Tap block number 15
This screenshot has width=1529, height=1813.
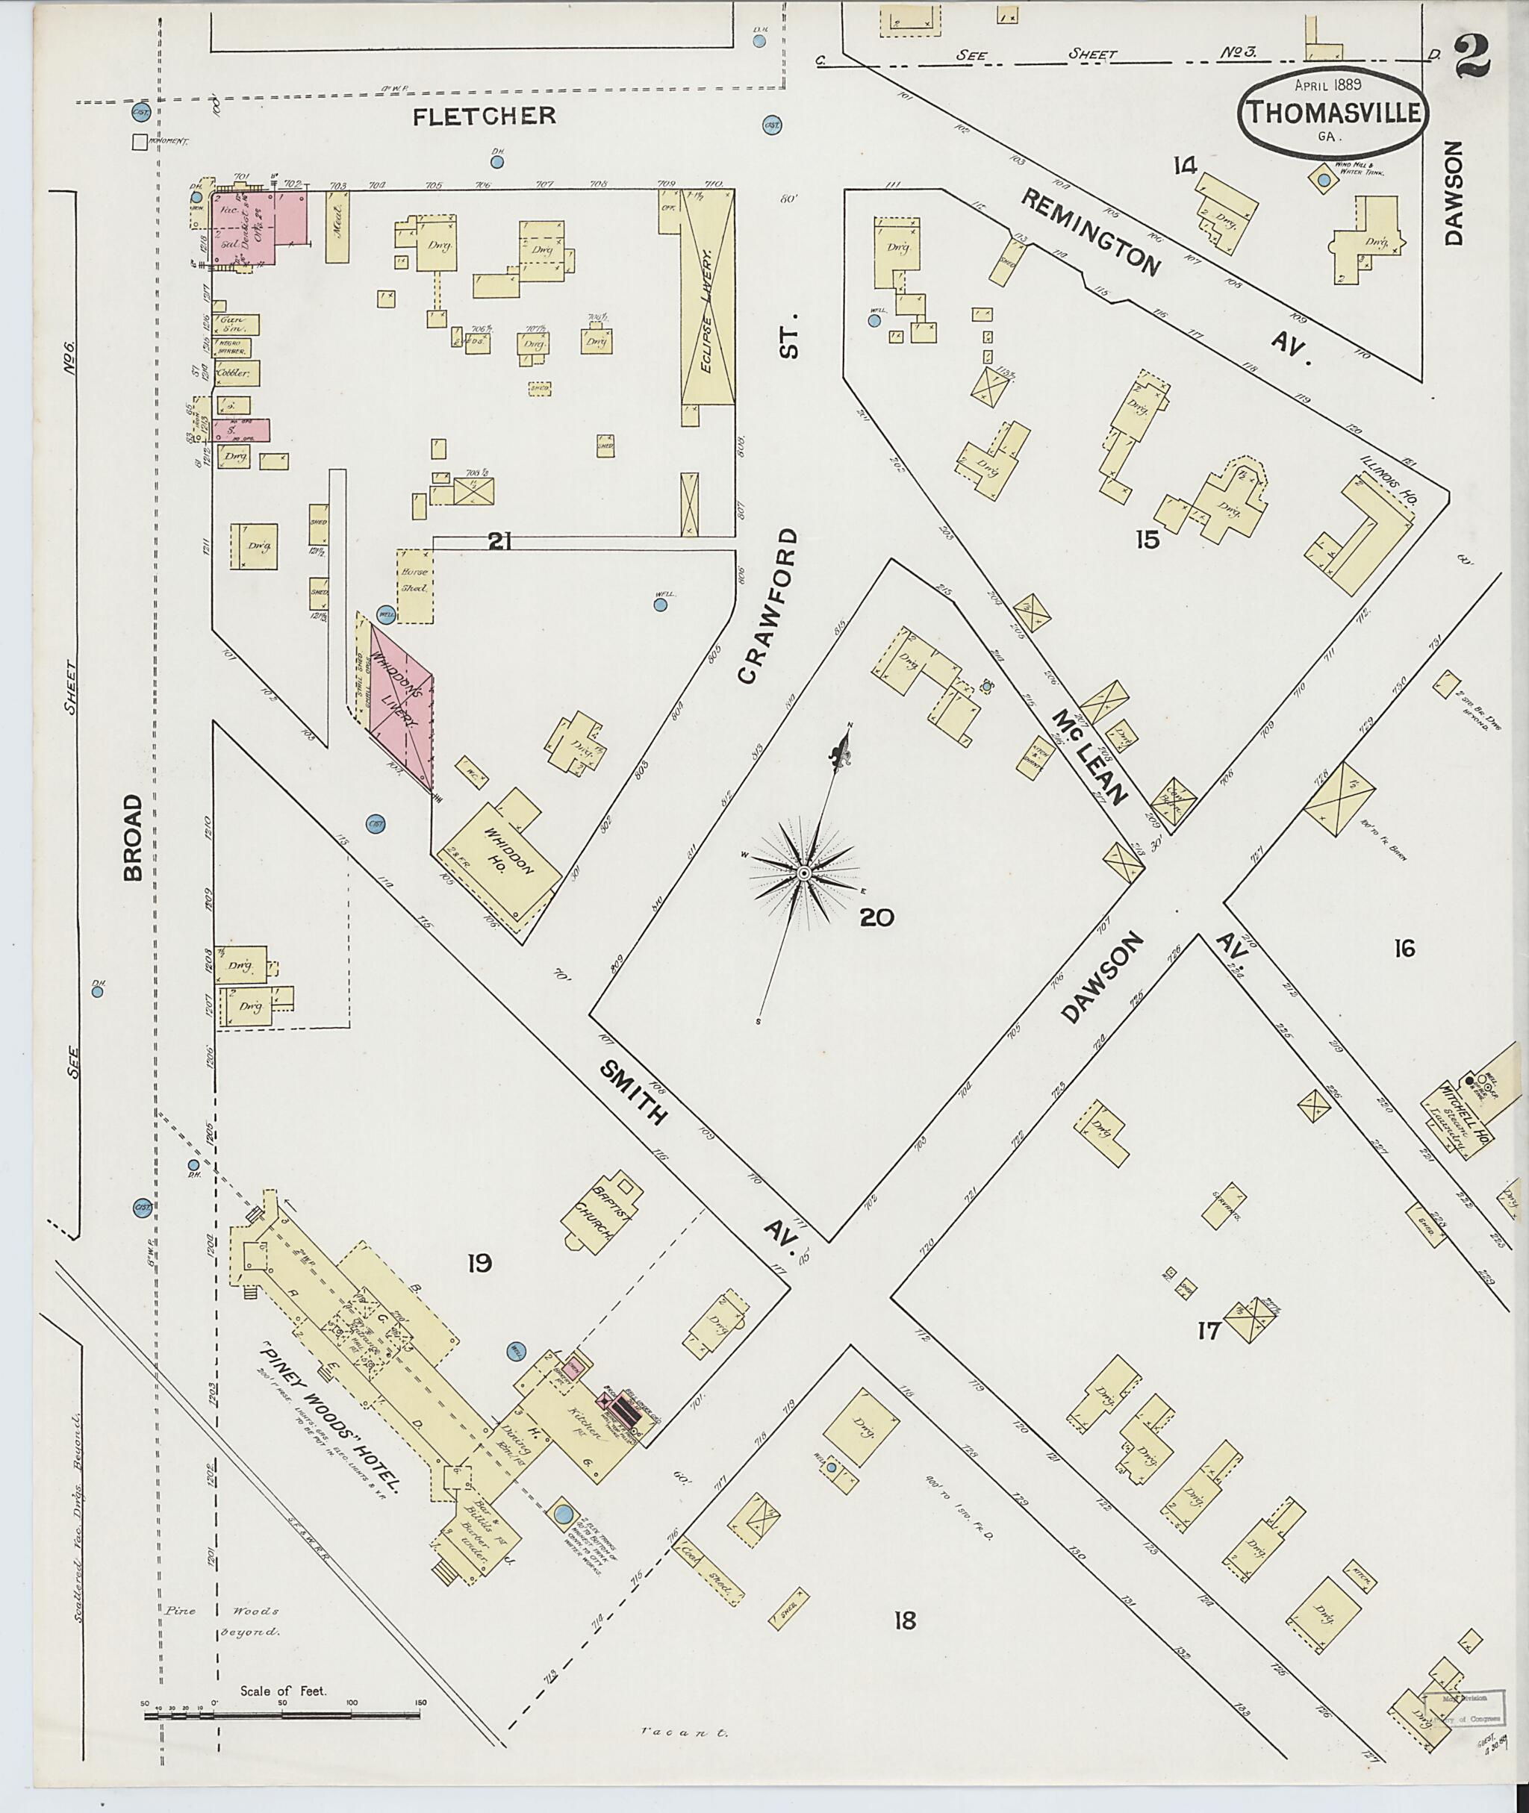coord(1147,540)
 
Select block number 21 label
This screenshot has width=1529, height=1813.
coord(500,542)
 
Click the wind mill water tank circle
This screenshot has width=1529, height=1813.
coord(1324,181)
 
